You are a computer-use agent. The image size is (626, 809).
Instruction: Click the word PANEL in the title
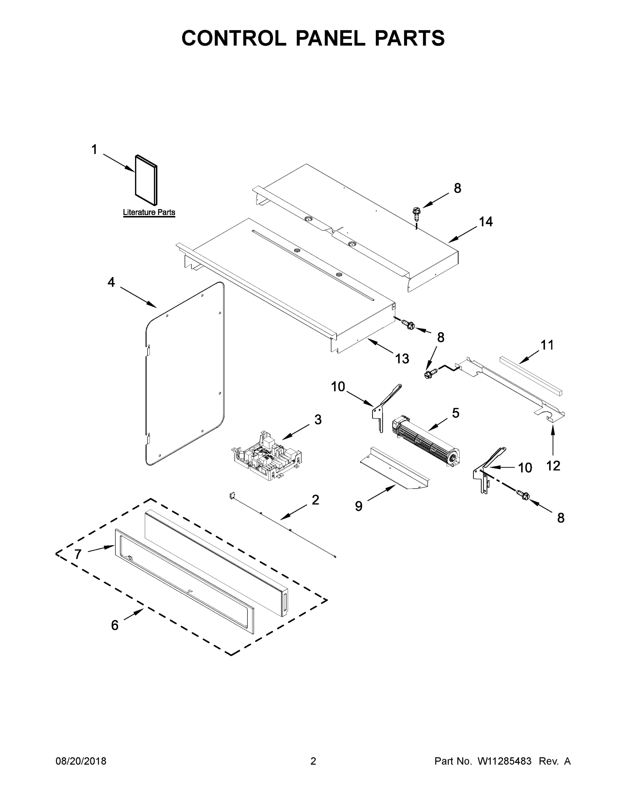pyautogui.click(x=330, y=38)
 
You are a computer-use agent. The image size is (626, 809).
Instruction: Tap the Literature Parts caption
pyautogui.click(x=149, y=212)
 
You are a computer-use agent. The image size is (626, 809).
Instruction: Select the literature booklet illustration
pyautogui.click(x=146, y=180)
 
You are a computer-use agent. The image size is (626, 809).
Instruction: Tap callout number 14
pyautogui.click(x=486, y=221)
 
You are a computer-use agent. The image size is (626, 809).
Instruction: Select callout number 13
pyautogui.click(x=402, y=358)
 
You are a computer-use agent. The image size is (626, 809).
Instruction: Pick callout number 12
pyautogui.click(x=553, y=466)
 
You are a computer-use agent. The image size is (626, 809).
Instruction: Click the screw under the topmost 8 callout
pyautogui.click(x=417, y=212)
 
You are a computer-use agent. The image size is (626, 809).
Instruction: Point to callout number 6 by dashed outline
pyautogui.click(x=115, y=625)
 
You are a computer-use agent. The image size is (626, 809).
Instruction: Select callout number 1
pyautogui.click(x=94, y=150)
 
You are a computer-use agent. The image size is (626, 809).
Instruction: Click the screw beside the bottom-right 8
pyautogui.click(x=523, y=494)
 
